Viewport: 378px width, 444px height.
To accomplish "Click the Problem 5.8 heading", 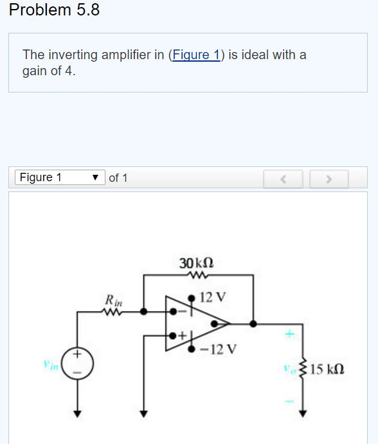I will click(55, 10).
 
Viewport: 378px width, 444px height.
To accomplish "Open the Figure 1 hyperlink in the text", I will click(195, 55).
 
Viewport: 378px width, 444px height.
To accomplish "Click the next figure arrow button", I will click(328, 178).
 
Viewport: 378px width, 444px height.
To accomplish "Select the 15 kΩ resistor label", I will click(327, 369).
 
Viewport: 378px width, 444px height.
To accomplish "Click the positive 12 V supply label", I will click(213, 297).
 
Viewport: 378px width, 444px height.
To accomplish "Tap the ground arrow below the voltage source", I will click(78, 414).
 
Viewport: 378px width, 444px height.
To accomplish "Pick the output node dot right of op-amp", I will click(255, 323).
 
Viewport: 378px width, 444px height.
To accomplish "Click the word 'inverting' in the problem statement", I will click(70, 55).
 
